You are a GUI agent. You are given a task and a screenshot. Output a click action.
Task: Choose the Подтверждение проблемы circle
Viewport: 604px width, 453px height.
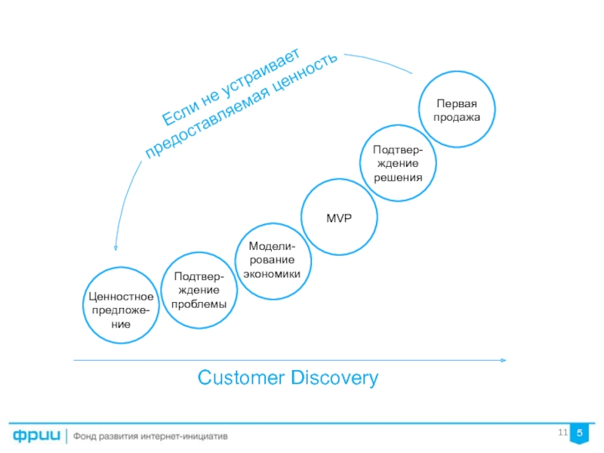pyautogui.click(x=198, y=291)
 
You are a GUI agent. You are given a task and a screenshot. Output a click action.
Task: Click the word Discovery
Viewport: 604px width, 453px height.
pyautogui.click(x=334, y=377)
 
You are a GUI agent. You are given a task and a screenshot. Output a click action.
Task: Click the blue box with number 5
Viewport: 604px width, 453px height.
pyautogui.click(x=580, y=433)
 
